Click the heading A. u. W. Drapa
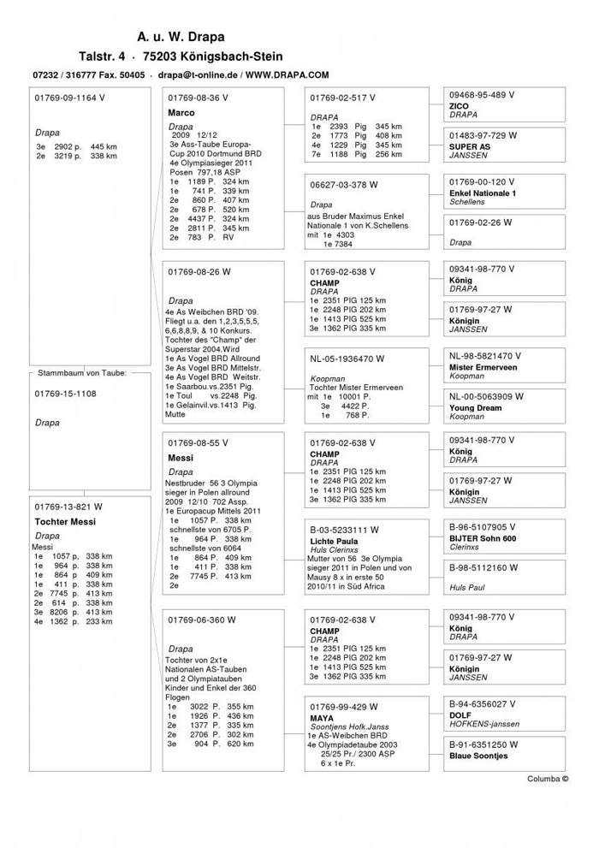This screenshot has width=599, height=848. tap(181, 38)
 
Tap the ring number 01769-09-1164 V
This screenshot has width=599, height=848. tap(70, 98)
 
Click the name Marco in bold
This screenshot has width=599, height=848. tap(181, 113)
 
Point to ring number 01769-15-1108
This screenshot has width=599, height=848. tap(66, 394)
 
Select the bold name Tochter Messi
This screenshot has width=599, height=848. tap(65, 521)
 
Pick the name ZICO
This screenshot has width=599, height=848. tap(459, 106)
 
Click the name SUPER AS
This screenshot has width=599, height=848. tap(470, 147)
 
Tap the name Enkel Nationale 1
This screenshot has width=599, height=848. tap(483, 193)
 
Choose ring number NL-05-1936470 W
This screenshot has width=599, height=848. tap(347, 359)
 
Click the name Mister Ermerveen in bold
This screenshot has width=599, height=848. tap(483, 367)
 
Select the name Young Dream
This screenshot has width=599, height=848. tap(475, 408)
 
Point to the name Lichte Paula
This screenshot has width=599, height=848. tap(334, 542)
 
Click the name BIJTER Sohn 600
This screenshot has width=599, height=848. tap(483, 538)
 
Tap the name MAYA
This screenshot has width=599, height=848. tap(322, 718)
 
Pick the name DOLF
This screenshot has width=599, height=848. tap(460, 715)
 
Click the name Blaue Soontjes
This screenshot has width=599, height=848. tap(477, 756)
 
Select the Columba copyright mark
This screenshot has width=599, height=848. tap(548, 779)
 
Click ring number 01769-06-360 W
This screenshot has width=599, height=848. tap(202, 620)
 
